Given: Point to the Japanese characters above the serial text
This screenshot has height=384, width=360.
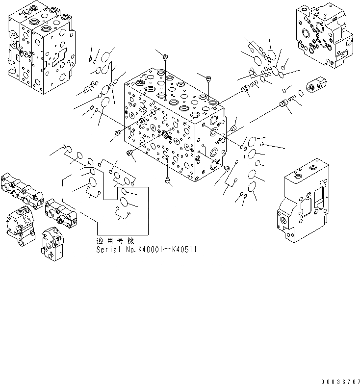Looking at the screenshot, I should click(x=115, y=241).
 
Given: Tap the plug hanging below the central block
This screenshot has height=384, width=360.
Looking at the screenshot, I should click(x=169, y=181).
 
